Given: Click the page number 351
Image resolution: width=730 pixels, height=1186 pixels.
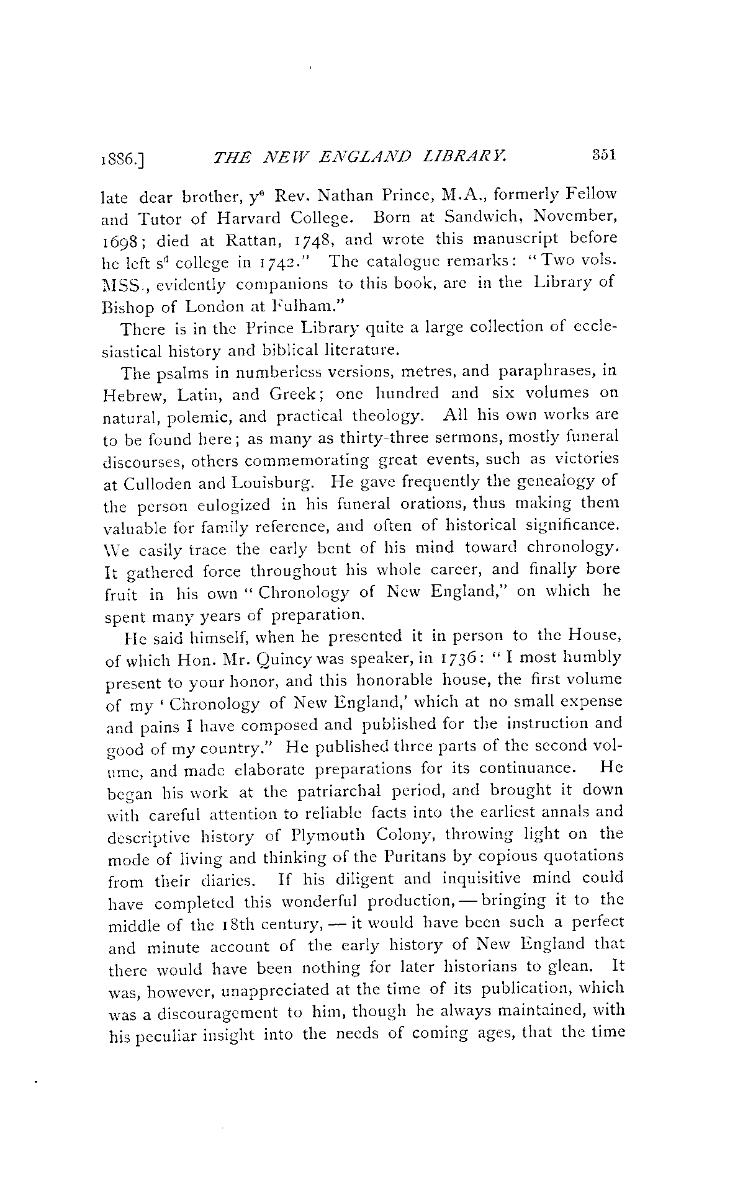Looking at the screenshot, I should pos(602,154).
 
